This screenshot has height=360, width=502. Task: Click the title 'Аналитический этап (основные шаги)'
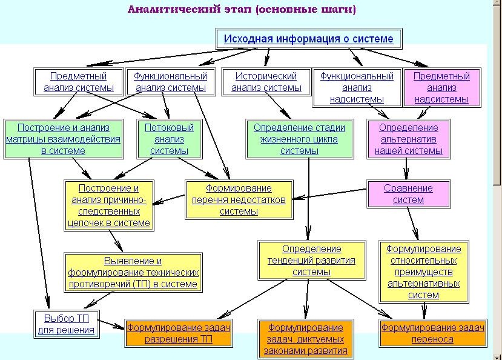tap(242, 9)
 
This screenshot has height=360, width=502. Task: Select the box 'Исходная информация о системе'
tap(309, 39)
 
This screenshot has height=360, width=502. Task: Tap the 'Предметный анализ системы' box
tap(79, 82)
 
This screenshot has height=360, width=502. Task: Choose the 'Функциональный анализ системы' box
tap(170, 82)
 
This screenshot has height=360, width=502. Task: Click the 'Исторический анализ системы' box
tap(266, 82)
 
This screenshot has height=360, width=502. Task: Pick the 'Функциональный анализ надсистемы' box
tap(357, 87)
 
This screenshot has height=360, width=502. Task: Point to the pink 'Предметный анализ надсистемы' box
tap(442, 87)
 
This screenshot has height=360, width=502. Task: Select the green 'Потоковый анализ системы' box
tap(170, 139)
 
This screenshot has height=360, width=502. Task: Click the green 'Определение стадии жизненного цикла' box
tap(299, 139)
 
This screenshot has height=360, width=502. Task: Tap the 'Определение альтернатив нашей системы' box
tap(409, 139)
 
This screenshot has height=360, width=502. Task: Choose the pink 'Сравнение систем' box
tap(409, 194)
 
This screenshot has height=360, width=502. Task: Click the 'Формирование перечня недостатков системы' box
tap(239, 199)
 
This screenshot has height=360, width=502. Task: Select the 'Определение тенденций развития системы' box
tap(311, 261)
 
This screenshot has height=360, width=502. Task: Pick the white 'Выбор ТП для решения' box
tap(66, 324)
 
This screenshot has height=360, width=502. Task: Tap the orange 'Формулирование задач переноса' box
tap(432, 333)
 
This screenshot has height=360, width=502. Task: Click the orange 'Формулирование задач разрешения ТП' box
tap(178, 333)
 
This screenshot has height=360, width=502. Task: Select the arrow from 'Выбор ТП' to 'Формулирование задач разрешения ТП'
tap(111, 324)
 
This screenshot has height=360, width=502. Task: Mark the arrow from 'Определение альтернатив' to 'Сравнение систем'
tap(406, 169)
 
